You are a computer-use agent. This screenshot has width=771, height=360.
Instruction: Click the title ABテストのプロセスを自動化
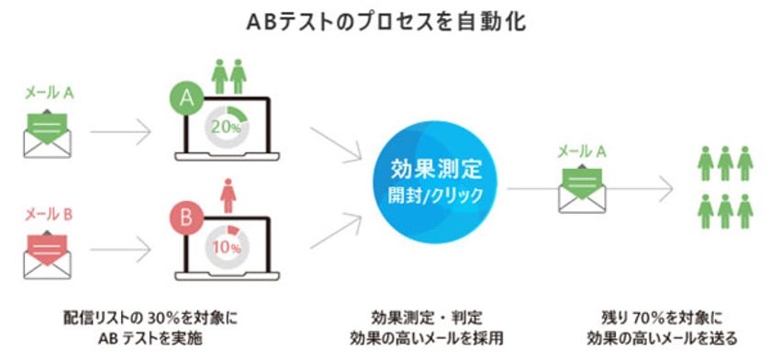(385, 20)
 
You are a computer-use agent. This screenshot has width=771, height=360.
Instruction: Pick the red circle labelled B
(187, 219)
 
